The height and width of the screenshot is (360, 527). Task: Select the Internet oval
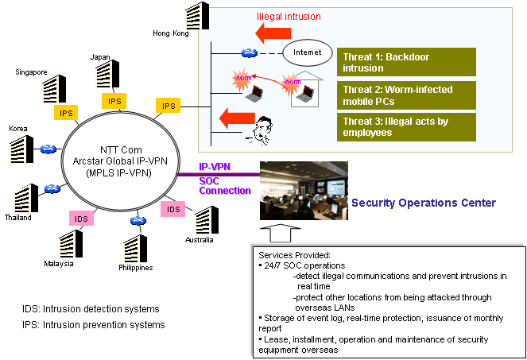307,52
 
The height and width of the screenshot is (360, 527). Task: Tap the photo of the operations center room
303,191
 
